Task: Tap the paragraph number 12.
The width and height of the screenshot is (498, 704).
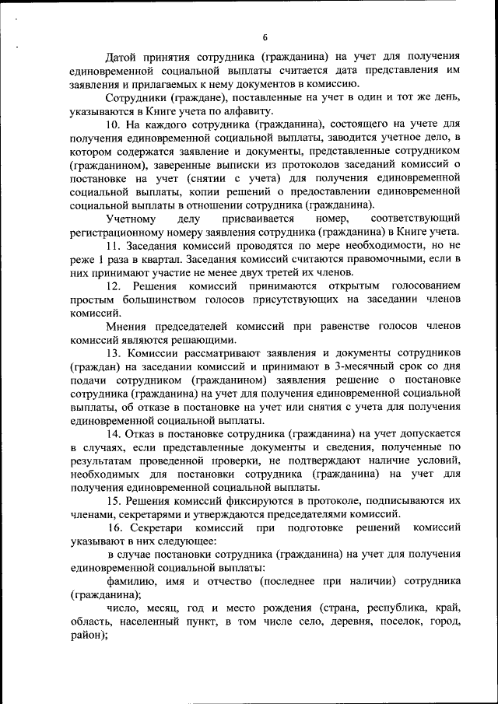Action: pos(115,286)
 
